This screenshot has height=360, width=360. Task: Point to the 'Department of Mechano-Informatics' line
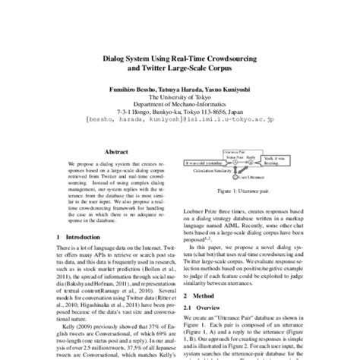[179, 104]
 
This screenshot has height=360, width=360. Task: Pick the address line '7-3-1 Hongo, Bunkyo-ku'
[179, 112]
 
